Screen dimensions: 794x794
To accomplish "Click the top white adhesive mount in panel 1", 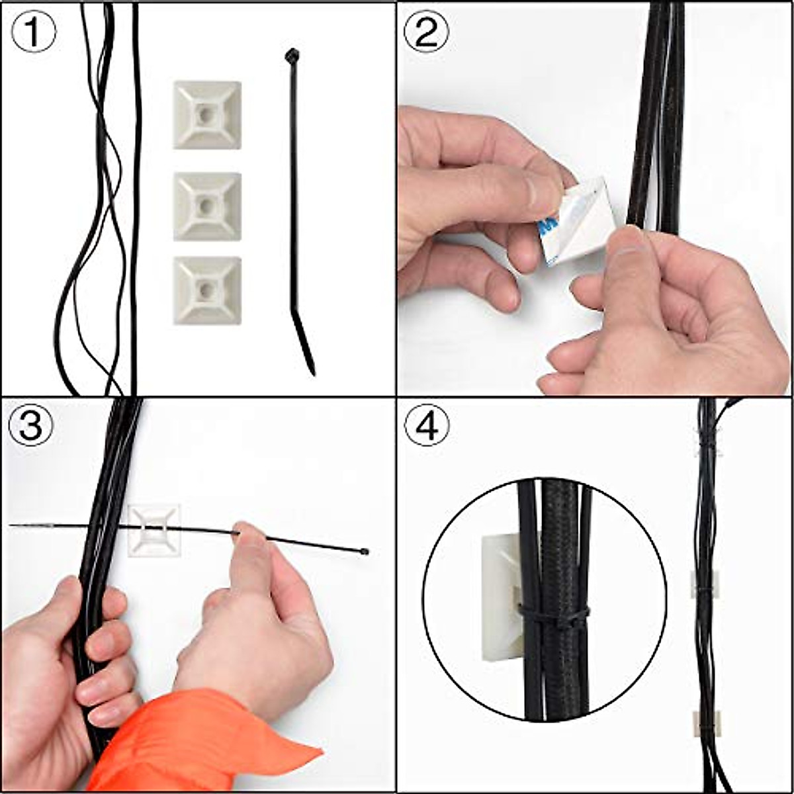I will pyautogui.click(x=207, y=115).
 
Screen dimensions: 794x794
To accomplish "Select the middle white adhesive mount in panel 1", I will pyautogui.click(x=207, y=206).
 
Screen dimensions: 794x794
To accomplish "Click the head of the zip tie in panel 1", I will pyautogui.click(x=291, y=56).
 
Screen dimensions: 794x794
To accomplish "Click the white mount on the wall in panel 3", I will pyautogui.click(x=154, y=529).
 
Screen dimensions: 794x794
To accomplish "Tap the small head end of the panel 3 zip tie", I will pyautogui.click(x=364, y=551).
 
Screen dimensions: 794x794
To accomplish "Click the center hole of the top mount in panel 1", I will pyautogui.click(x=207, y=114).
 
